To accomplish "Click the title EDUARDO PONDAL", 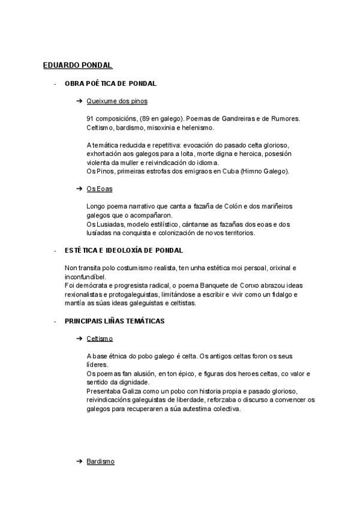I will pyautogui.click(x=78, y=65).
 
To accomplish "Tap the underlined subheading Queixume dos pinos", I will pyautogui.click(x=117, y=101).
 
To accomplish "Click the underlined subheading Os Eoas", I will pyautogui.click(x=100, y=188).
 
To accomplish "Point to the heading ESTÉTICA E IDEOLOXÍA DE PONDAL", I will pyautogui.click(x=124, y=250).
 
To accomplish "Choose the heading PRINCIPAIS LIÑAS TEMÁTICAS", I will pyautogui.click(x=115, y=321).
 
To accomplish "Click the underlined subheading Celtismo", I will pyautogui.click(x=100, y=339).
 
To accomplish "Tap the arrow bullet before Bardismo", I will pyautogui.click(x=79, y=461).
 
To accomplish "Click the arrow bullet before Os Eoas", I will pyautogui.click(x=79, y=188).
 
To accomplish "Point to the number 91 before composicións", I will pyautogui.click(x=91, y=118).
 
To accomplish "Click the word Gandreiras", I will pyautogui.click(x=218, y=118).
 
